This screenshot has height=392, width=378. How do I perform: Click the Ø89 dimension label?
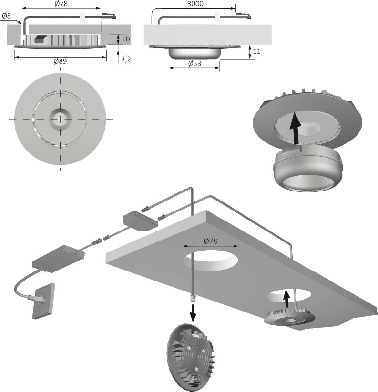click(x=60, y=61)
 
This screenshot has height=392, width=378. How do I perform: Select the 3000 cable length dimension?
click(x=195, y=4)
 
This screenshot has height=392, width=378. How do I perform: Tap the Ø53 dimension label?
click(x=194, y=64)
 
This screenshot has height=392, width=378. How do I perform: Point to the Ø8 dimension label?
click(x=7, y=16)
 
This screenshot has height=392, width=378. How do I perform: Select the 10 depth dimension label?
click(x=126, y=39)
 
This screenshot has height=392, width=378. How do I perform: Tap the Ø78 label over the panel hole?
click(x=210, y=241)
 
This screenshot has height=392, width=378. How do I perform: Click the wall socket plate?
click(x=43, y=301)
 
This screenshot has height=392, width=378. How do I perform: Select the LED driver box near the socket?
click(x=58, y=257)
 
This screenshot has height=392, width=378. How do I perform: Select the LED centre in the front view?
click(x=60, y=118)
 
